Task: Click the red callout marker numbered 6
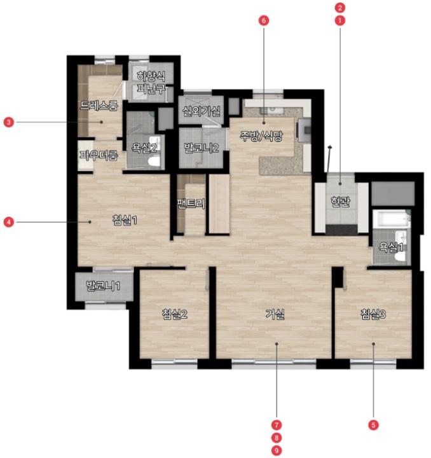click(264, 20)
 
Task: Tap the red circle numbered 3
click(9, 121)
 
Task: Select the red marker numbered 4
click(9, 222)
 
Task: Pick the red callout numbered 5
click(374, 425)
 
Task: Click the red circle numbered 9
click(277, 450)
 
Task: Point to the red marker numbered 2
click(340, 8)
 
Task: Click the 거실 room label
click(275, 314)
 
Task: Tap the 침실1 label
click(125, 220)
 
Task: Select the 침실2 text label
click(175, 314)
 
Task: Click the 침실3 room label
click(373, 314)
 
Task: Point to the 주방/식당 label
click(261, 136)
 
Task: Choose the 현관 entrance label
click(340, 202)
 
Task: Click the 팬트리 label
click(191, 204)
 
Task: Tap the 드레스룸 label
click(99, 106)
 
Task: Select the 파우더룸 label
click(99, 155)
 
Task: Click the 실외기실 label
click(202, 111)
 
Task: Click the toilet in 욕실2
click(154, 160)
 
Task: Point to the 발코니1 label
click(103, 286)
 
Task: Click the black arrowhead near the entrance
click(330, 147)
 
